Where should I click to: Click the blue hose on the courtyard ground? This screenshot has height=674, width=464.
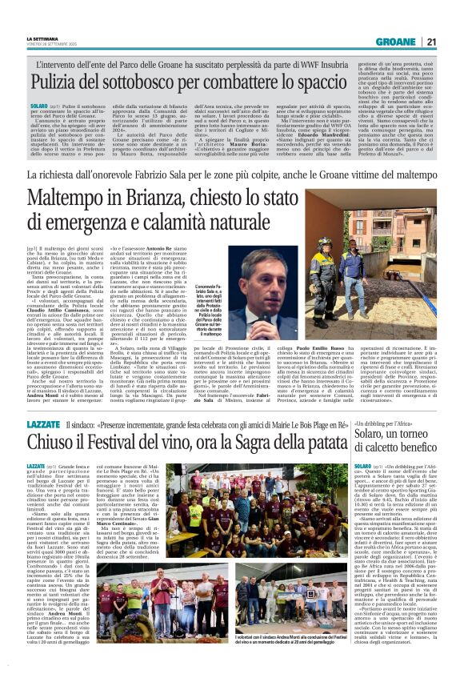(x=400, y=304)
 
